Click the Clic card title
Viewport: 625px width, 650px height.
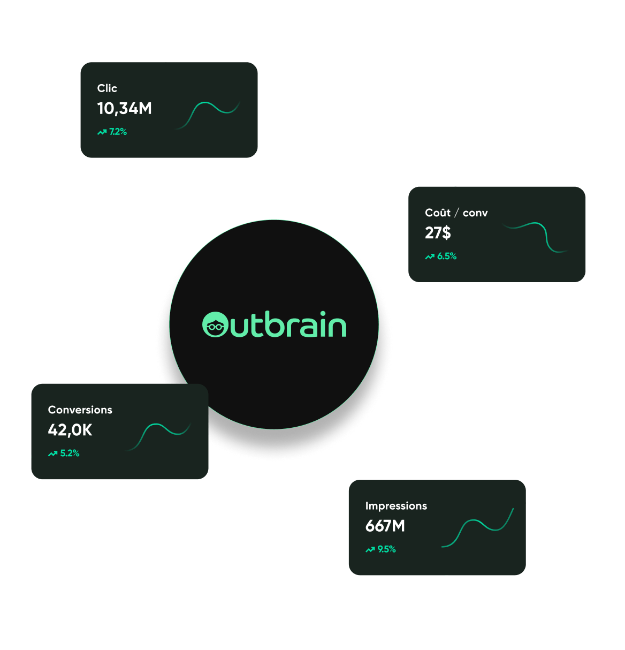click(107, 88)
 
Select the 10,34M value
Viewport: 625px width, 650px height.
click(125, 109)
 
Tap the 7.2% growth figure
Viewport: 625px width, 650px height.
click(118, 132)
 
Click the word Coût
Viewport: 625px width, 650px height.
click(438, 213)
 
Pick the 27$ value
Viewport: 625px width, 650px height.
click(438, 233)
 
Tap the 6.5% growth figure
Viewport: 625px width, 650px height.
click(446, 256)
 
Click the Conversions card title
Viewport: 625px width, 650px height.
click(80, 410)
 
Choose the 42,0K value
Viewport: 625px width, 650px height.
click(70, 430)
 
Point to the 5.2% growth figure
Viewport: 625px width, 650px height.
click(70, 454)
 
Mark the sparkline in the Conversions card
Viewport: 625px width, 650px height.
click(159, 435)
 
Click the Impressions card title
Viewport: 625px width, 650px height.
click(396, 506)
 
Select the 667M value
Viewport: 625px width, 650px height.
click(385, 526)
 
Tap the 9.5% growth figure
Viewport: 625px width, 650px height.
click(386, 549)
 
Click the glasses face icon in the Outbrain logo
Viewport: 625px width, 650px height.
click(215, 325)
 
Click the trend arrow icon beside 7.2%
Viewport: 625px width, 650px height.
click(102, 132)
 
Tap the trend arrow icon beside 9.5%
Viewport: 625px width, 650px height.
click(370, 549)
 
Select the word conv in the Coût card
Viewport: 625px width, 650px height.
click(475, 213)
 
